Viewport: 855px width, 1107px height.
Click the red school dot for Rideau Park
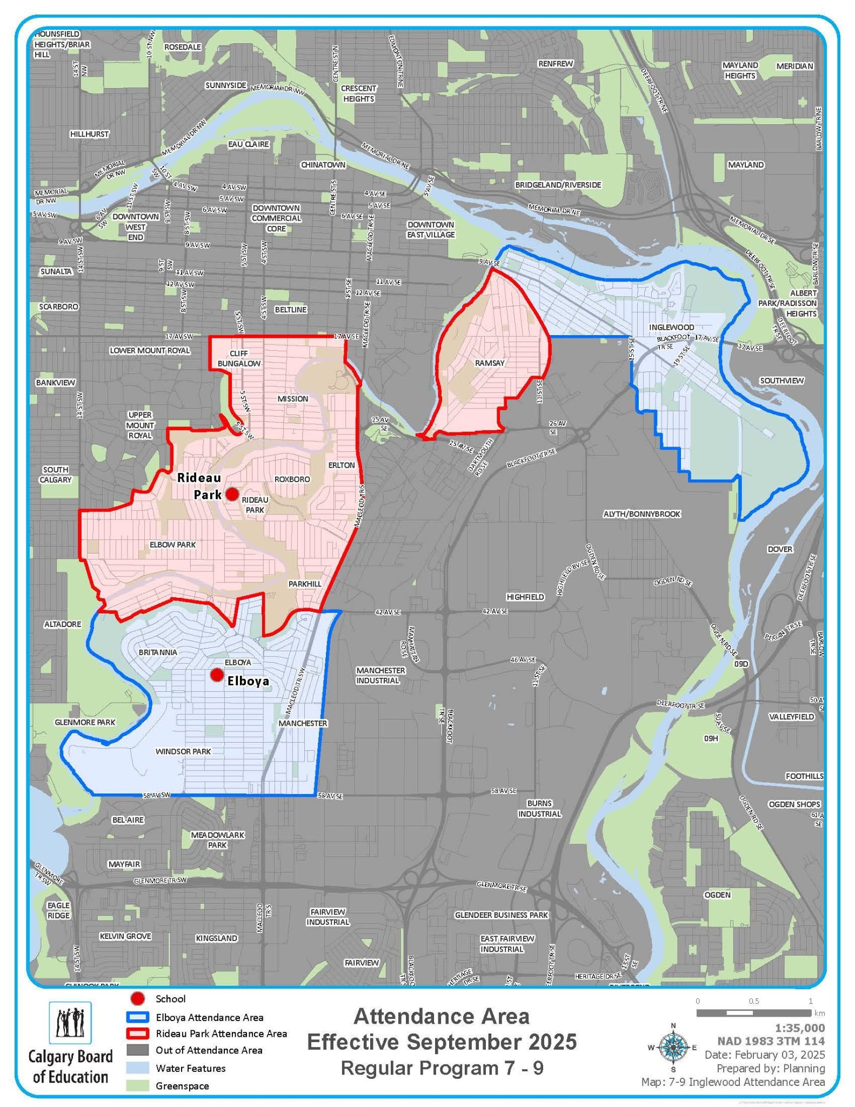pos(232,494)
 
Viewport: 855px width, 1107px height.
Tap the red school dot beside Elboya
pos(217,675)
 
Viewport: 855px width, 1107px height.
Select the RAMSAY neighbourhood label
pos(490,363)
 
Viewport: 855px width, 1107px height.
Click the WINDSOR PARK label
pos(183,751)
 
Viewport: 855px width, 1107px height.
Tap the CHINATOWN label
pos(323,164)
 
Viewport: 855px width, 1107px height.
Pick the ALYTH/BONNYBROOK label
pos(642,514)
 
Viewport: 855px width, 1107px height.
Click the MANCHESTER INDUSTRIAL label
pos(380,675)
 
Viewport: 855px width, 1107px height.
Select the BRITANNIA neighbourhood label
pos(158,652)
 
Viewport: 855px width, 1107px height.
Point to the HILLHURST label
pos(89,134)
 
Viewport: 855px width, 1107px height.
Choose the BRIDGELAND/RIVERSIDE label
pos(558,185)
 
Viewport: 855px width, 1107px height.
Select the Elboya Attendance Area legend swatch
pos(138,1017)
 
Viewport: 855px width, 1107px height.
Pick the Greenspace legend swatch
pos(138,1086)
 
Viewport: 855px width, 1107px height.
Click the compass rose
pos(673,1048)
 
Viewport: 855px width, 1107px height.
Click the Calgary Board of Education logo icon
pos(70,1023)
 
